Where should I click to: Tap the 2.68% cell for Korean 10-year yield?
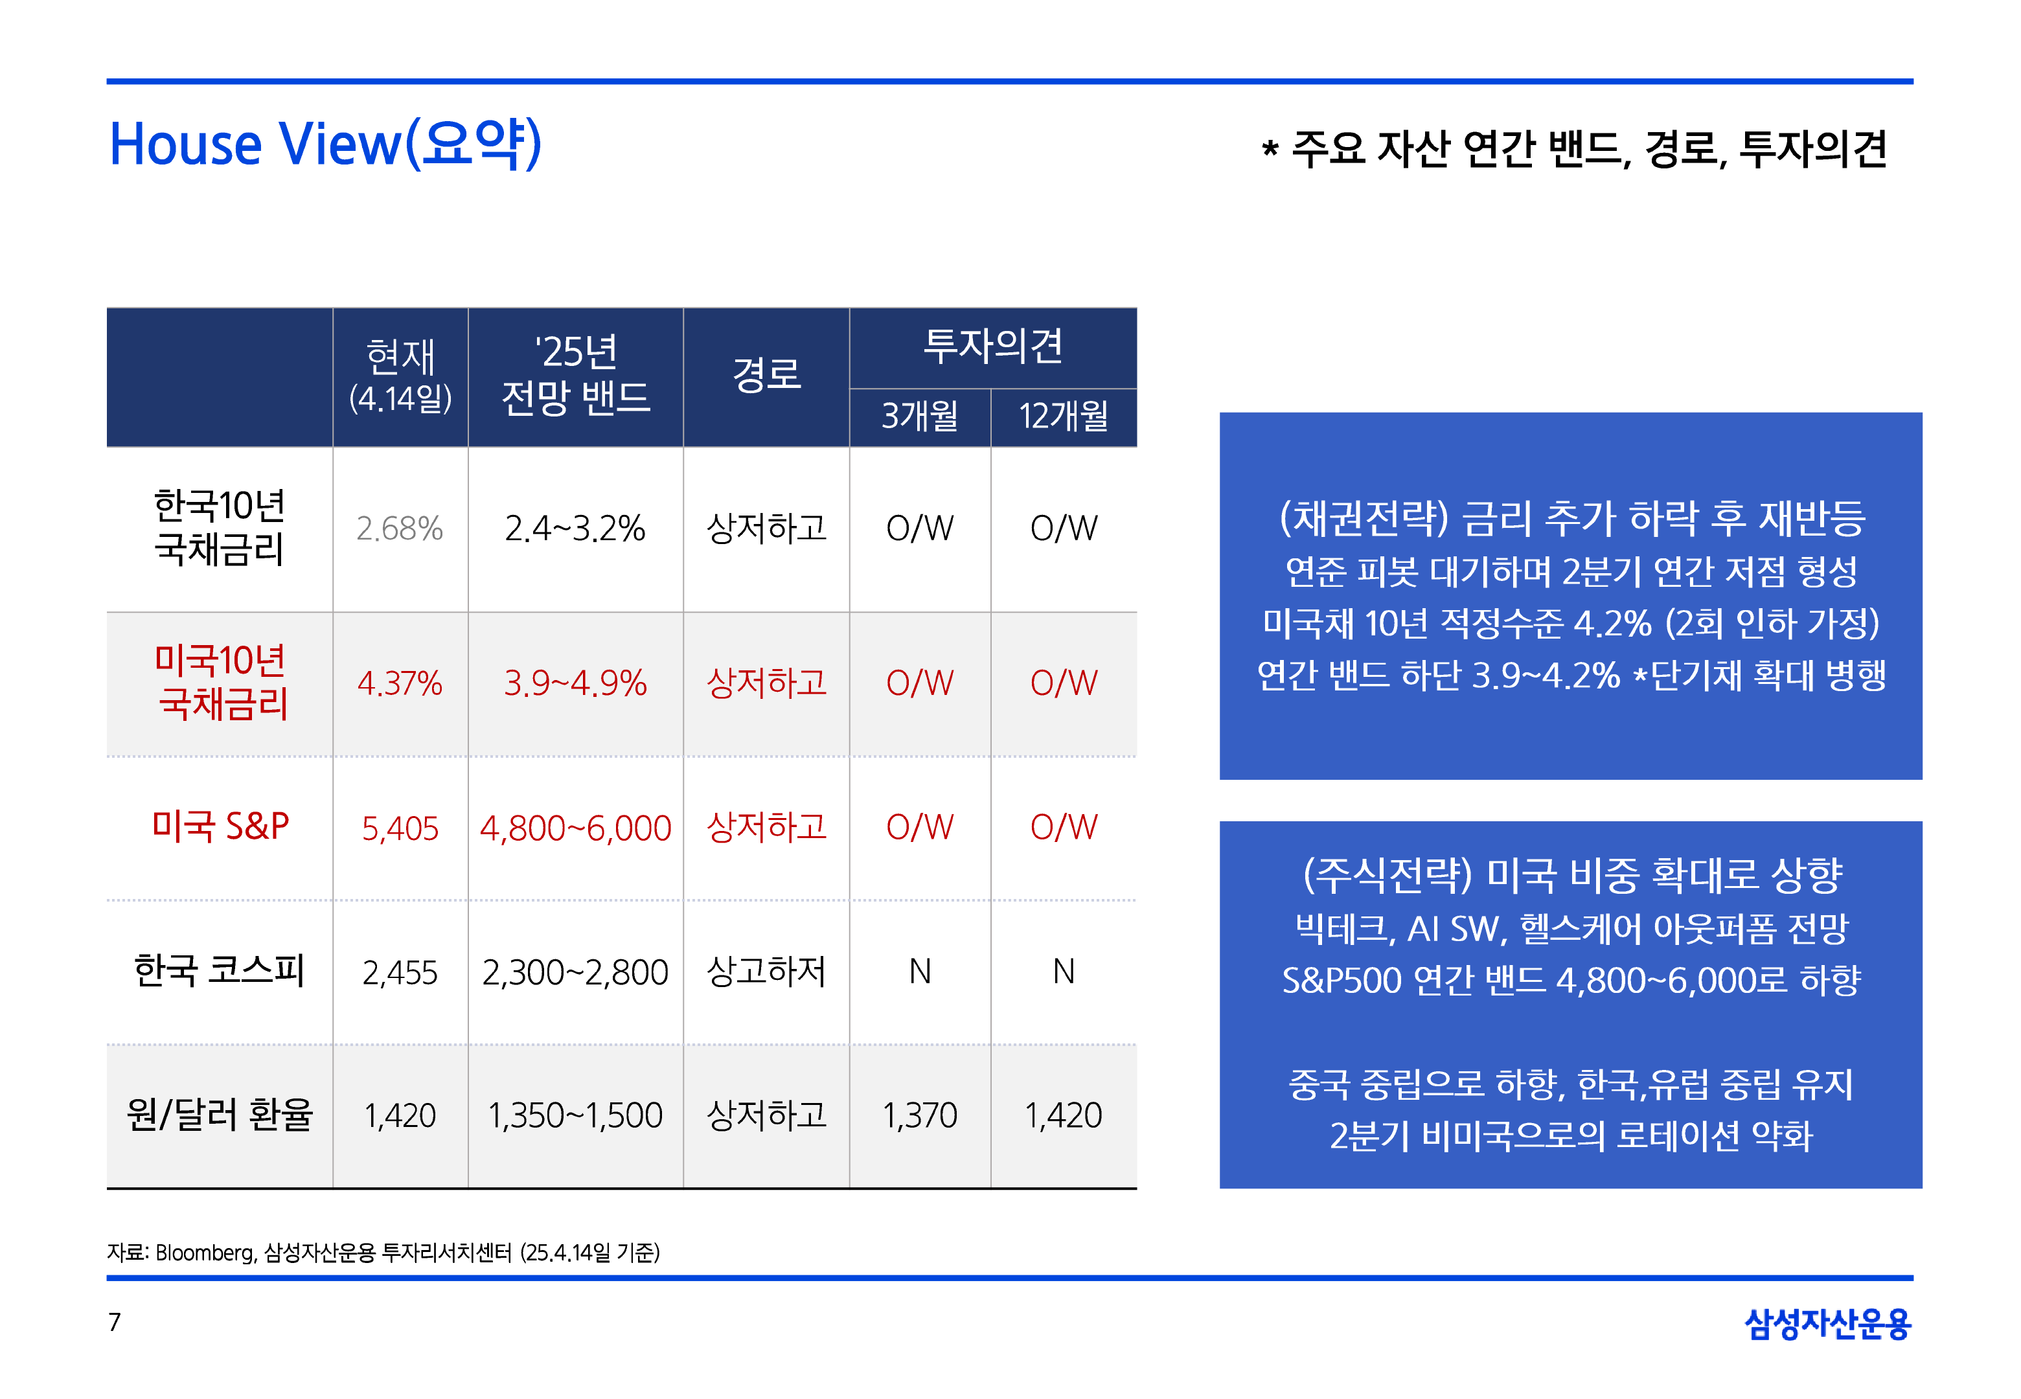tap(400, 529)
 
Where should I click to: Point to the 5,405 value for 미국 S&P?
tap(400, 828)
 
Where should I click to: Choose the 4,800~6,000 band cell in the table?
tap(575, 828)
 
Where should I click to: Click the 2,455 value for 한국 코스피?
tap(400, 973)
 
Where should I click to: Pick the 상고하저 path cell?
tap(766, 972)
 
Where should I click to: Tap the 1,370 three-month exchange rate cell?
tap(919, 1116)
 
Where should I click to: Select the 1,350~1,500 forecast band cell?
tap(575, 1116)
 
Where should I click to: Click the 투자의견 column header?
tap(992, 347)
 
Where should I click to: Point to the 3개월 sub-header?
tap(919, 416)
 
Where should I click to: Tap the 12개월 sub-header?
tap(1063, 416)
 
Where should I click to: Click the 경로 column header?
tap(766, 375)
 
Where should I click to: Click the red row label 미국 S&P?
tap(220, 826)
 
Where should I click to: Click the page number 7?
tap(114, 1322)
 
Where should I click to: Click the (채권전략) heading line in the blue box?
tap(1571, 518)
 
